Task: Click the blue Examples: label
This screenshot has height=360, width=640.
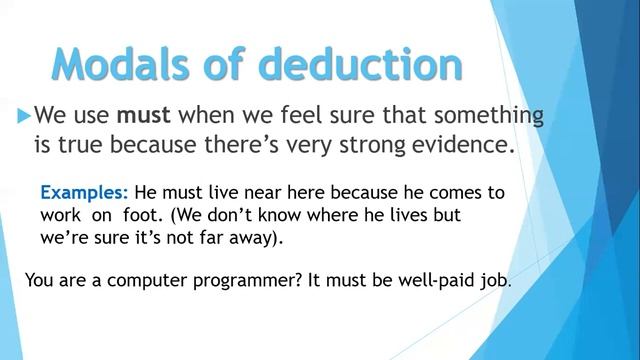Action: click(84, 192)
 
